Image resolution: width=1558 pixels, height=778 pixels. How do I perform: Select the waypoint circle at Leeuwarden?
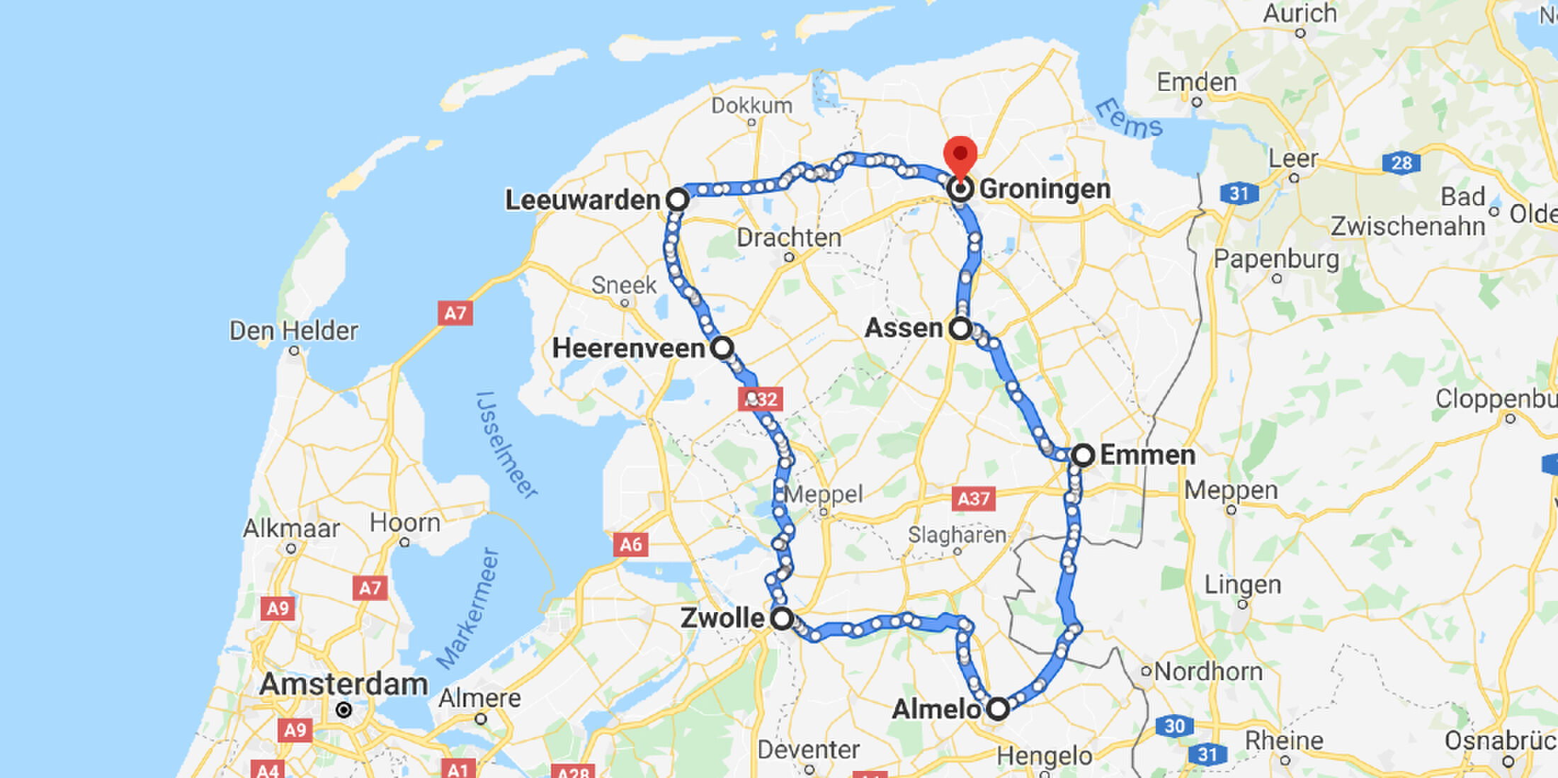coord(678,200)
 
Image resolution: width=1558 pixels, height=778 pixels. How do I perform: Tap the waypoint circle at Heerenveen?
coord(722,348)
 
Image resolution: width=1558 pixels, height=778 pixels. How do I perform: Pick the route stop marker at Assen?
coord(960,329)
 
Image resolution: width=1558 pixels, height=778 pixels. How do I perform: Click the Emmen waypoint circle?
coord(1083,455)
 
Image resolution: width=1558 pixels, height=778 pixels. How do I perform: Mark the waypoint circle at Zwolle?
coord(782,619)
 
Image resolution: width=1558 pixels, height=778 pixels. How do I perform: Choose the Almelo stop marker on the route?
coord(998,709)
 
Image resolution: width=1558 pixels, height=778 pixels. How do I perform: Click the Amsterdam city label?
coord(343,684)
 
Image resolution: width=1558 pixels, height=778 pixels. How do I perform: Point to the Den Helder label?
coord(293,331)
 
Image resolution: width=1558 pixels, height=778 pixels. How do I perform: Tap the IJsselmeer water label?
coord(507,445)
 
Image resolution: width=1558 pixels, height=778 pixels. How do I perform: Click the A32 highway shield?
coord(761,399)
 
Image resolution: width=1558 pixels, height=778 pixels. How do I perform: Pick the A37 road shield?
coord(973,499)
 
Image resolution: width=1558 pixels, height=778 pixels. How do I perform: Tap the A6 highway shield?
coord(630,544)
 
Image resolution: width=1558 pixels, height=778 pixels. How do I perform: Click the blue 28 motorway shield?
coord(1401,163)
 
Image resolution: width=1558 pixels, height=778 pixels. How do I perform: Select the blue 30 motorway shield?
coord(1174,726)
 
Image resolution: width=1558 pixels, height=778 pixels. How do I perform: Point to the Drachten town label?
coord(789,238)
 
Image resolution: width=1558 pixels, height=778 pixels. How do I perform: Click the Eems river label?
coord(1128,119)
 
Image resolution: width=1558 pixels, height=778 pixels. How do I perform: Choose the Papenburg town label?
coord(1276,259)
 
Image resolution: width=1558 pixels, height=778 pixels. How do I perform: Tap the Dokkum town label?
coord(751,106)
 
